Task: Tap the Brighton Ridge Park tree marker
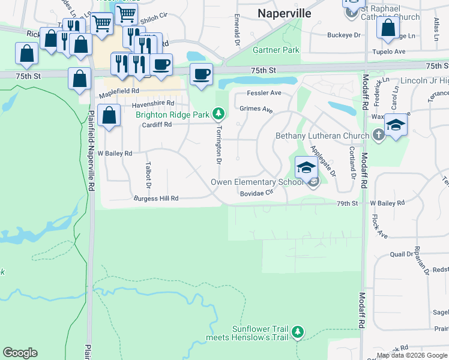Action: [220, 113]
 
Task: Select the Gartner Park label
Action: [276, 50]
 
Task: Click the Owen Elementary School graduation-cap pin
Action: [306, 167]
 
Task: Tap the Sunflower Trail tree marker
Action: [297, 332]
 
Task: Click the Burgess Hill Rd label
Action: [156, 198]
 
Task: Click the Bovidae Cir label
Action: [256, 193]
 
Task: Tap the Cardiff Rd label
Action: [157, 125]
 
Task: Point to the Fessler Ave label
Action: [265, 93]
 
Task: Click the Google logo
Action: [20, 353]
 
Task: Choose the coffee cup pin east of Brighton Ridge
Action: [202, 74]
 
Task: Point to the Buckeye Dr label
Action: [343, 35]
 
